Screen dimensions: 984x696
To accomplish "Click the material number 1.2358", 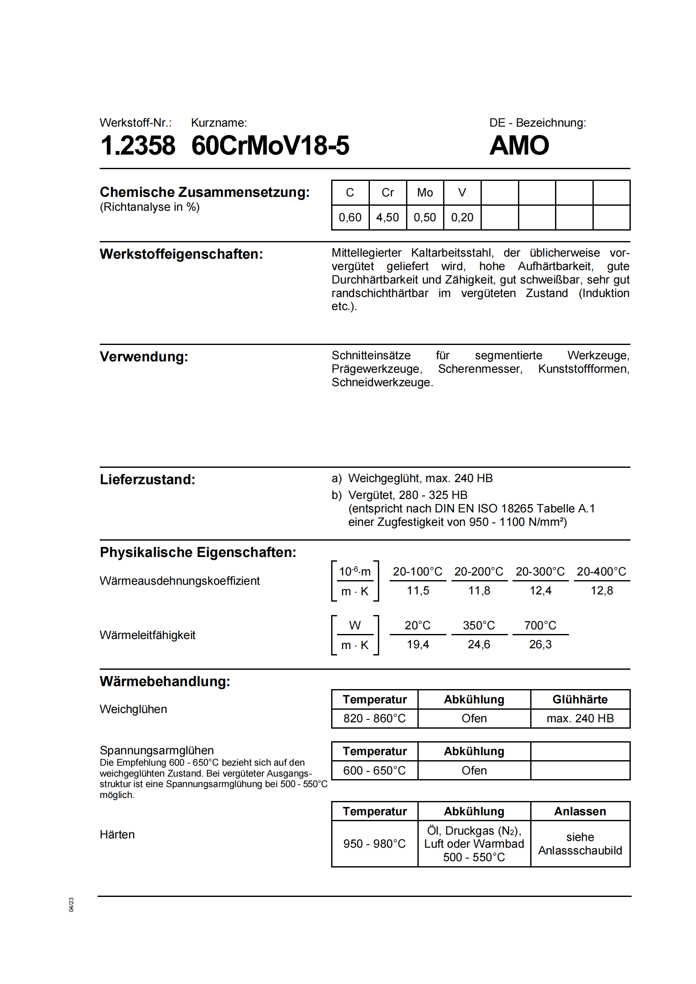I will click(x=138, y=146).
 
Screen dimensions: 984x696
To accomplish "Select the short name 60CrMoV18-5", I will click(x=270, y=146).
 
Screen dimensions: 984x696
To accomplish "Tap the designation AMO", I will click(x=519, y=146).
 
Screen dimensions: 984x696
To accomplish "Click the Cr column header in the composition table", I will click(x=388, y=193).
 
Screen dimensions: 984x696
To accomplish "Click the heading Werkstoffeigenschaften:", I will click(x=181, y=254).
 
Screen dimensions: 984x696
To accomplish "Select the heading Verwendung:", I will click(x=144, y=357).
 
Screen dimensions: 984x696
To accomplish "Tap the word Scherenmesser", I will click(x=480, y=369).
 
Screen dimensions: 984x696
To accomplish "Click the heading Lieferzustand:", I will click(x=147, y=480).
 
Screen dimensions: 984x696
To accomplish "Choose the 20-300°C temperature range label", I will click(x=540, y=572).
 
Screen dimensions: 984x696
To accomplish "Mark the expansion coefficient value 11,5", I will click(x=418, y=591).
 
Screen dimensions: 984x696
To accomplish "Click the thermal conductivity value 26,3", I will click(x=540, y=645).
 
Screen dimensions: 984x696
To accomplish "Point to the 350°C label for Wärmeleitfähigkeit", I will click(x=479, y=626).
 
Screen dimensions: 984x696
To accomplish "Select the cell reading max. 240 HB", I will click(x=580, y=719).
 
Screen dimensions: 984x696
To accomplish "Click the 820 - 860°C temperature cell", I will click(x=375, y=719).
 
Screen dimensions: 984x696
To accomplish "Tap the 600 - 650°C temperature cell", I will click(x=375, y=771).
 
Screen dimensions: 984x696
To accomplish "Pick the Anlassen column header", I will click(x=580, y=812).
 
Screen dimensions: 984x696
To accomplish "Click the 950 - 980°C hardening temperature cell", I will click(x=375, y=844).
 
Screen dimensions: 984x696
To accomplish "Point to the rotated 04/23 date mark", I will click(x=71, y=905).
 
